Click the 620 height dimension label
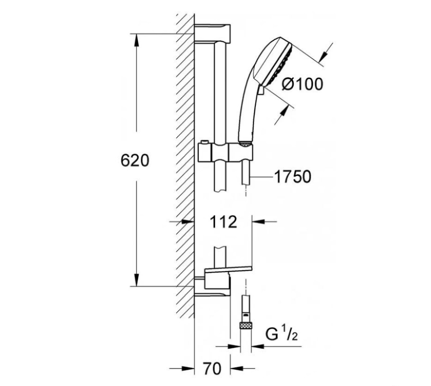[135, 160]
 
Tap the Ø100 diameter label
[303, 84]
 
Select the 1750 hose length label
[293, 177]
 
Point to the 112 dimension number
[223, 222]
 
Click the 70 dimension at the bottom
[212, 368]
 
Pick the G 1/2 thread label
[282, 335]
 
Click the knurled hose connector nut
[246, 326]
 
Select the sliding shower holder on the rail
[225, 152]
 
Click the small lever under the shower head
[261, 90]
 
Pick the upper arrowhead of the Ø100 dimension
[323, 56]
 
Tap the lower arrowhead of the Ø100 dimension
[284, 112]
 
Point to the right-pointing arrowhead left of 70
[188, 368]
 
